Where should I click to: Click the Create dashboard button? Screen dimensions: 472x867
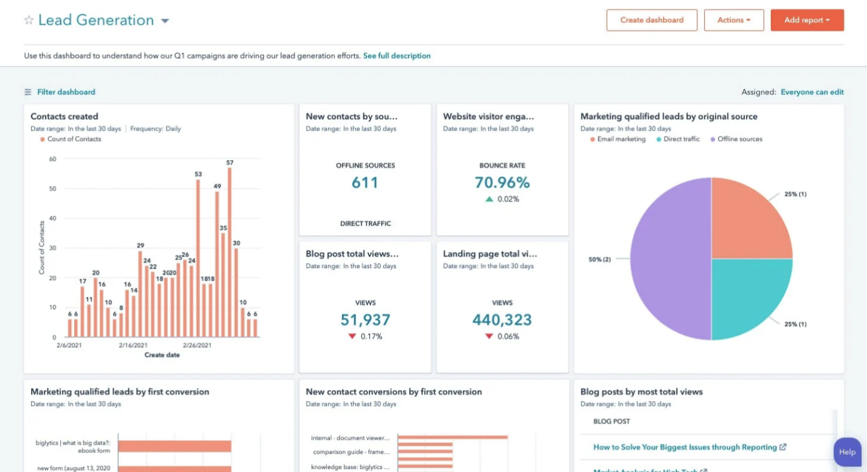point(652,20)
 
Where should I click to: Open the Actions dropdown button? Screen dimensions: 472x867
point(733,20)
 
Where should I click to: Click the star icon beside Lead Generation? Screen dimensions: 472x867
point(28,20)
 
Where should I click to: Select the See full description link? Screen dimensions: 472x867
point(396,56)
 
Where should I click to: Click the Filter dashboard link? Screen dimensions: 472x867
point(66,92)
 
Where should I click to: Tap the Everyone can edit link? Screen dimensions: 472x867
point(812,92)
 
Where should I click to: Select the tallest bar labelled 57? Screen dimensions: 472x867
point(229,253)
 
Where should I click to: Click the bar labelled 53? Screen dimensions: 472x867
point(198,260)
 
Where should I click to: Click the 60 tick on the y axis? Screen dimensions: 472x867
point(53,159)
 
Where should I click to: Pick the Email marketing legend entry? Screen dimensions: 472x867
point(621,139)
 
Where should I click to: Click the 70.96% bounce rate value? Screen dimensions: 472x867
point(502,182)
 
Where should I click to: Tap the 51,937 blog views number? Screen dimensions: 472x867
point(365,319)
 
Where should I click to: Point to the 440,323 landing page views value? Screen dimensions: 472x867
point(502,319)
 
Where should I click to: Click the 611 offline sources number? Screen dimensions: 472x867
point(365,182)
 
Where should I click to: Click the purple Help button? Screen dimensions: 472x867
point(847,452)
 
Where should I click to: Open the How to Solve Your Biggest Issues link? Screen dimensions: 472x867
point(685,447)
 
